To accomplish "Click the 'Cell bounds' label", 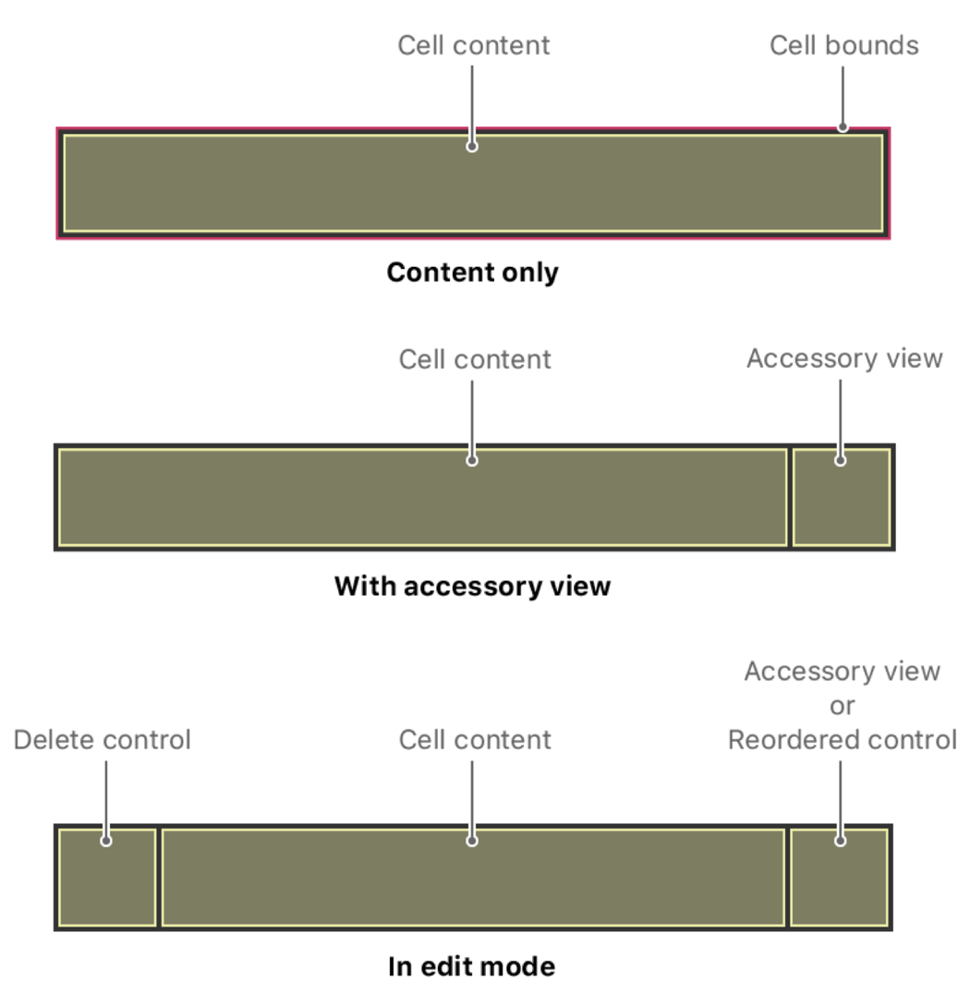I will [843, 45].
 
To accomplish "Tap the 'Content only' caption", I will [472, 272].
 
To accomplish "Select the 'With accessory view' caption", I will [472, 586].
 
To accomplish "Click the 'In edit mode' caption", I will [472, 966].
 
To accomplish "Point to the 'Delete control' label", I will [103, 740].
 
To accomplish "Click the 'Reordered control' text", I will [842, 740].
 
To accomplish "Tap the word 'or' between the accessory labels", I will [842, 706].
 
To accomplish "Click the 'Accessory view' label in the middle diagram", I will [844, 358].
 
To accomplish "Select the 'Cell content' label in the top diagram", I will [473, 45].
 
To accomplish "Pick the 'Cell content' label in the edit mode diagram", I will [475, 740].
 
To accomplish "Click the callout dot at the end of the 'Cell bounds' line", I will [843, 127].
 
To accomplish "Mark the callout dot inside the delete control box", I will [106, 841].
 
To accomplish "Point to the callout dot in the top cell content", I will [472, 146].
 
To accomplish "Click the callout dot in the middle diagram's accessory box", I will [840, 460].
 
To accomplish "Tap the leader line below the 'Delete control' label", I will [106, 794].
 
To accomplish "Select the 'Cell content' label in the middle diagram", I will [475, 358].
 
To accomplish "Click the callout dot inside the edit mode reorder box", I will [840, 841].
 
